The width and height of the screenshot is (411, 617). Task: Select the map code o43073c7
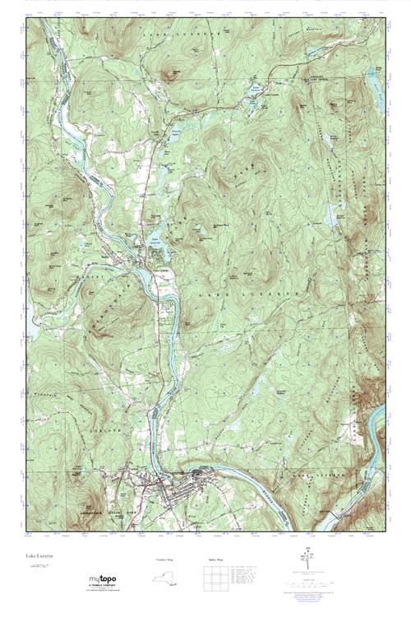(39, 567)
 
